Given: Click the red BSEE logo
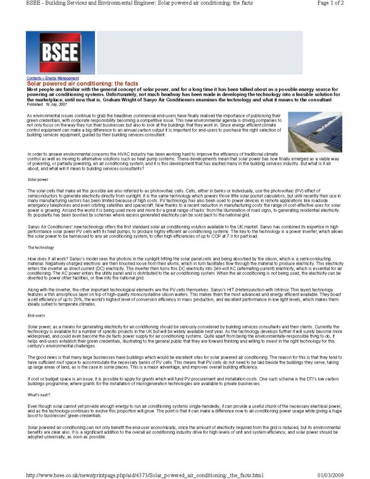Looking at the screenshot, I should [60, 53].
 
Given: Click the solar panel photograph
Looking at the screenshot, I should [315, 132].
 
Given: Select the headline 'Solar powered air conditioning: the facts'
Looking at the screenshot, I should [82, 84].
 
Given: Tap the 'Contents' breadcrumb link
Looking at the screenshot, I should [35, 78].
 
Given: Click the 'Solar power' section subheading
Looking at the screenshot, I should [37, 179].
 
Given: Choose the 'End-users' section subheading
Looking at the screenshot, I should [36, 316].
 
